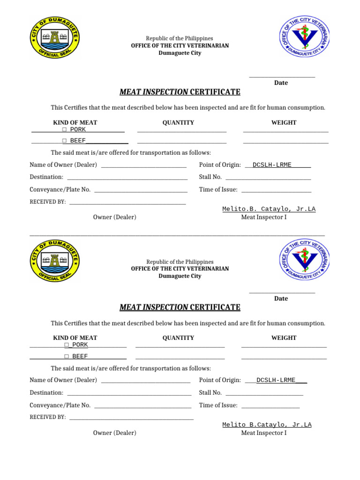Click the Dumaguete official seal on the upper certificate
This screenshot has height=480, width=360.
55,37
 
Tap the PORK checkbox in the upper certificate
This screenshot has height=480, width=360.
64,130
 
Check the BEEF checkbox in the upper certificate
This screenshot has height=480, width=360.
64,141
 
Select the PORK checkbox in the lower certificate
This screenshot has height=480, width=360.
67,345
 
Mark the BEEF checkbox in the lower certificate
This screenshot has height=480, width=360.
67,356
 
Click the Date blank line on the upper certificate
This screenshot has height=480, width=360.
282,76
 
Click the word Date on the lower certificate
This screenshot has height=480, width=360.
281,299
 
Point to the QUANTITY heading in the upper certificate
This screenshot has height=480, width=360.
178,123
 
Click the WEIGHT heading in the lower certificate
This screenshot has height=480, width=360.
284,338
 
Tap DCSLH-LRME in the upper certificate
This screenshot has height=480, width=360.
272,165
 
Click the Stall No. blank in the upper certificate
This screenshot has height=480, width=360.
268,179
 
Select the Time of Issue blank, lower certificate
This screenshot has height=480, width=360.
270,407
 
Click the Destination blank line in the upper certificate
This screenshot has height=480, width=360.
127,179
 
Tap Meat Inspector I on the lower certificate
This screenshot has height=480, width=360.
263,433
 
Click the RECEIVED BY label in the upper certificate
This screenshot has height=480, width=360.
48,202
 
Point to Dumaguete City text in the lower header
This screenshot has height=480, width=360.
180,276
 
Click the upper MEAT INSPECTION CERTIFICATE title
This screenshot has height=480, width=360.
180,92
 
